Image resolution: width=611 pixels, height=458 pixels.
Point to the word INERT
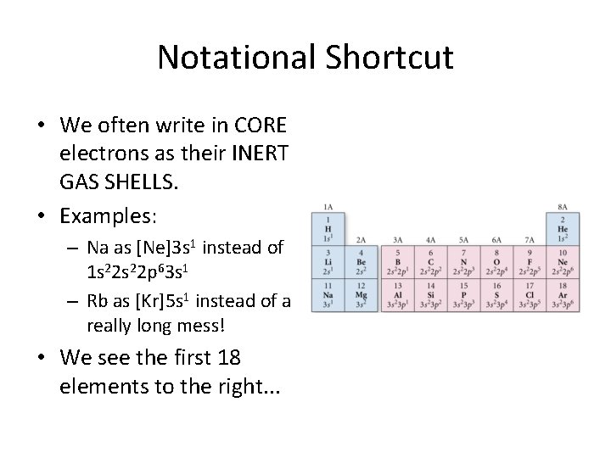tap(257, 155)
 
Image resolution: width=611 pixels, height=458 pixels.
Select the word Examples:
tap(109, 215)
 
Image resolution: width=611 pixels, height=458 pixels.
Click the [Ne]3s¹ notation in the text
tap(162, 249)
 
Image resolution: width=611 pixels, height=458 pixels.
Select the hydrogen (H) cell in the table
tap(328, 227)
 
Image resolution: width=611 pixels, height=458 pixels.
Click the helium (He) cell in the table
tap(563, 227)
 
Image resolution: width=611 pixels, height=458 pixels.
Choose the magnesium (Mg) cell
tap(361, 294)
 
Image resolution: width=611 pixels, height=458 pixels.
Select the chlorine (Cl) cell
tap(530, 294)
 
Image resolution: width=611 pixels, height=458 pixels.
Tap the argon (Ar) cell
tap(563, 294)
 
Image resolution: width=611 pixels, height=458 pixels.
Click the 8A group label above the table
tap(563, 206)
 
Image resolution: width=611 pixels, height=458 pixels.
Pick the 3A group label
tap(397, 240)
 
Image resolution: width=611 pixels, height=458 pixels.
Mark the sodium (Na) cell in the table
tap(328, 294)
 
